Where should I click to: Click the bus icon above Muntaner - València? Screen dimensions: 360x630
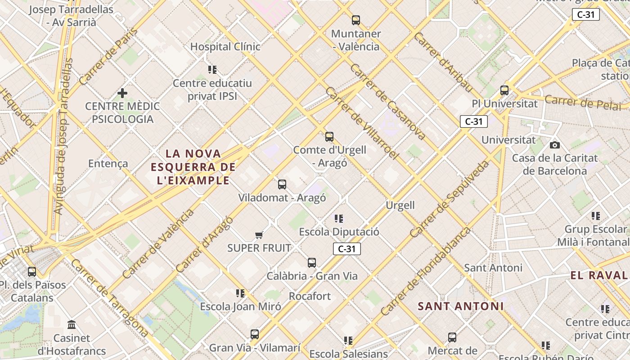pyautogui.click(x=356, y=20)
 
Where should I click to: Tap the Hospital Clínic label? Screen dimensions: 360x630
pyautogui.click(x=225, y=47)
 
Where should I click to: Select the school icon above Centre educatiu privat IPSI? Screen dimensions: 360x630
pyautogui.click(x=212, y=70)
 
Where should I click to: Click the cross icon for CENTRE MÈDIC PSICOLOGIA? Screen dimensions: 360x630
pyautogui.click(x=122, y=93)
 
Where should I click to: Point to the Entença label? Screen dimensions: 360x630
pyautogui.click(x=108, y=163)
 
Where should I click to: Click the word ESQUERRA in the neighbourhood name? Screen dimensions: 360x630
pyautogui.click(x=180, y=167)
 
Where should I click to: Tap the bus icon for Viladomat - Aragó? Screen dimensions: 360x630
pyautogui.click(x=282, y=184)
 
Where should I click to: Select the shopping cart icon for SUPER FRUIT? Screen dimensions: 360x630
pyautogui.click(x=259, y=235)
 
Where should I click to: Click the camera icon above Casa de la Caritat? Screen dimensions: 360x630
pyautogui.click(x=555, y=145)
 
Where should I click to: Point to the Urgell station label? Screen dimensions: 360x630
pyautogui.click(x=400, y=206)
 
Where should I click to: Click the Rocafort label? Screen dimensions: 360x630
pyautogui.click(x=310, y=296)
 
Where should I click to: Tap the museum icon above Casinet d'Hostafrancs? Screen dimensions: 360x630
pyautogui.click(x=72, y=325)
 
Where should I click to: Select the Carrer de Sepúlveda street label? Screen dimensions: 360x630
pyautogui.click(x=450, y=198)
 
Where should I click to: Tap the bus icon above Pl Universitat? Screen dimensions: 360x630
pyautogui.click(x=504, y=90)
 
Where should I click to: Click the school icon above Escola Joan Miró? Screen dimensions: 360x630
pyautogui.click(x=240, y=293)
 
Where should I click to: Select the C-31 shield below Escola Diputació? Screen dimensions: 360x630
pyautogui.click(x=347, y=249)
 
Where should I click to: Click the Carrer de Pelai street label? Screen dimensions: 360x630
pyautogui.click(x=582, y=103)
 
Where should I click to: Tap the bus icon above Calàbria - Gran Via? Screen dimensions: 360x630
pyautogui.click(x=312, y=263)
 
